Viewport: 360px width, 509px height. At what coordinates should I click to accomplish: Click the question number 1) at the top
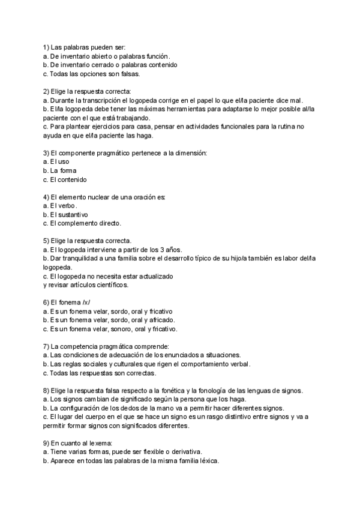[46, 47]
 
